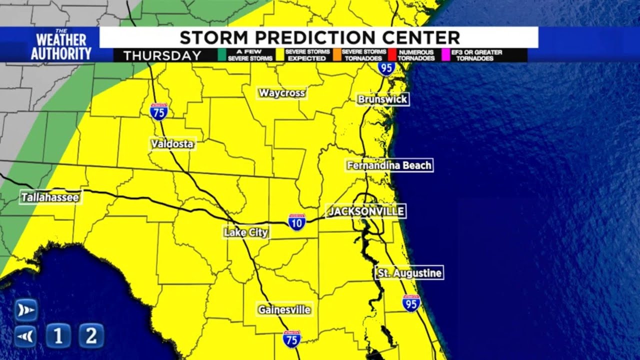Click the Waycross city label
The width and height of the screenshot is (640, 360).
(x=282, y=93)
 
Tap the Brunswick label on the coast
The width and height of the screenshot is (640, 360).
(x=382, y=99)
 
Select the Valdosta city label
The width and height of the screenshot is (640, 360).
(x=172, y=144)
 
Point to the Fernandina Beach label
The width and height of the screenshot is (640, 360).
(x=389, y=165)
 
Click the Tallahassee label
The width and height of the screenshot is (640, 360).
(x=50, y=197)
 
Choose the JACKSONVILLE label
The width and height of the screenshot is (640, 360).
(x=365, y=211)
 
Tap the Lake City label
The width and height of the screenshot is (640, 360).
(x=246, y=232)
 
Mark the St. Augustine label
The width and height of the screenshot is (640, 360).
(x=409, y=273)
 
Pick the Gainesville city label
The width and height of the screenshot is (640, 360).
(x=284, y=310)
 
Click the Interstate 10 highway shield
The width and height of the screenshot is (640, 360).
(x=297, y=222)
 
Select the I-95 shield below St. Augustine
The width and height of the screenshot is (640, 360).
(x=411, y=303)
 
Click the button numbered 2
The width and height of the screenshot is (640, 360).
(x=91, y=335)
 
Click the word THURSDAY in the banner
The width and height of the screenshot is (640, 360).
(x=162, y=55)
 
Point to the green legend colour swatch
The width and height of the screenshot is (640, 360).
(x=220, y=55)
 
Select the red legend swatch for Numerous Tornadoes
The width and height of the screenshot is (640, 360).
(x=392, y=55)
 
